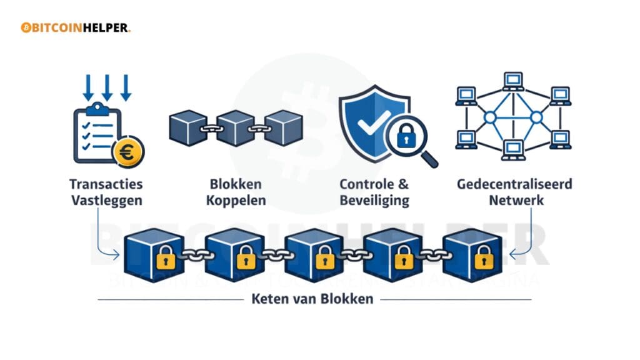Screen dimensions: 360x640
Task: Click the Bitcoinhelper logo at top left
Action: click(76, 28)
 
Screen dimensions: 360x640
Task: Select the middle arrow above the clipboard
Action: click(107, 87)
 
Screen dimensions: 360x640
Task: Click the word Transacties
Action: click(106, 184)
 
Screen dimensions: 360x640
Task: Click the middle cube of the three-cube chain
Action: click(236, 127)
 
